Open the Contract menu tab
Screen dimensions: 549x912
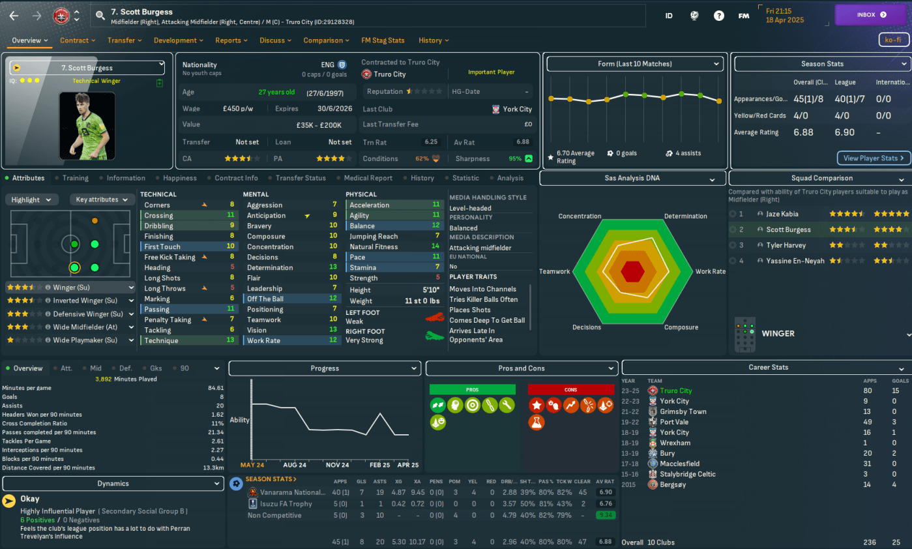[x=74, y=40]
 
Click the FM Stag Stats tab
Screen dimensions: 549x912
[x=383, y=40]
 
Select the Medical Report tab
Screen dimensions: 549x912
[x=369, y=178]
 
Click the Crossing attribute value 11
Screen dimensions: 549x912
[x=230, y=215]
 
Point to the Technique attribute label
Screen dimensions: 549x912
[x=161, y=340]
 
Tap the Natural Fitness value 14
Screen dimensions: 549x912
[x=435, y=246]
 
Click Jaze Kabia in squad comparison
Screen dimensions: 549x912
[x=782, y=214]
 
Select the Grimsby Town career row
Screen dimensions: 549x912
[x=683, y=411]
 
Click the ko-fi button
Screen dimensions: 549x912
[x=892, y=40]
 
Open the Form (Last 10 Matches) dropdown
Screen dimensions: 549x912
[x=634, y=64]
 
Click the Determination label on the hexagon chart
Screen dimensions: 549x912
[x=685, y=216]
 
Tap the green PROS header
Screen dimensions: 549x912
[x=472, y=389]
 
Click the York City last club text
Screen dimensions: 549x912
[x=516, y=110]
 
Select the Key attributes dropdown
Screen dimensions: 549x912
[x=101, y=200]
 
